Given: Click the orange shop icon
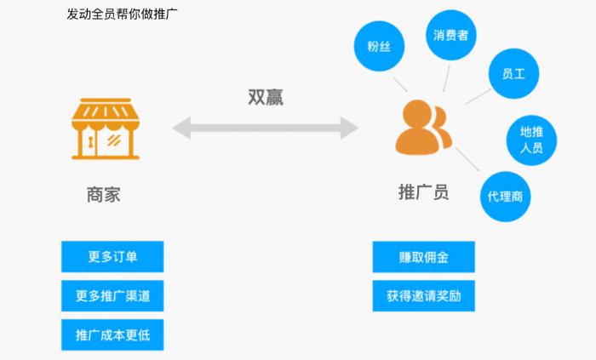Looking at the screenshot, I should (x=105, y=129).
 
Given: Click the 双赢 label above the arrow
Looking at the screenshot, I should (x=266, y=97).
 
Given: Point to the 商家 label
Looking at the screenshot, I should (x=104, y=194).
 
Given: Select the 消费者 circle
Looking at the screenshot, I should (x=450, y=36).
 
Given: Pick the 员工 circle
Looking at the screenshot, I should (x=514, y=74).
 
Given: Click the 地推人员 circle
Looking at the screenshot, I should (x=536, y=140).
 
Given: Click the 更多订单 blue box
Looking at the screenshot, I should (x=112, y=256).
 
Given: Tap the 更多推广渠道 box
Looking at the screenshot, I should (x=112, y=295).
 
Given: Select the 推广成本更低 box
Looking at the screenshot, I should (x=112, y=334).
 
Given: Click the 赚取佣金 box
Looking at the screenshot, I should (x=423, y=256).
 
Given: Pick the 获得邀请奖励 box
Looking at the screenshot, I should (x=423, y=295).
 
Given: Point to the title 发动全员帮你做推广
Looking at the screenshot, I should (x=123, y=14).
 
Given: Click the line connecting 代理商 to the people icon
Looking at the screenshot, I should (x=467, y=163).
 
